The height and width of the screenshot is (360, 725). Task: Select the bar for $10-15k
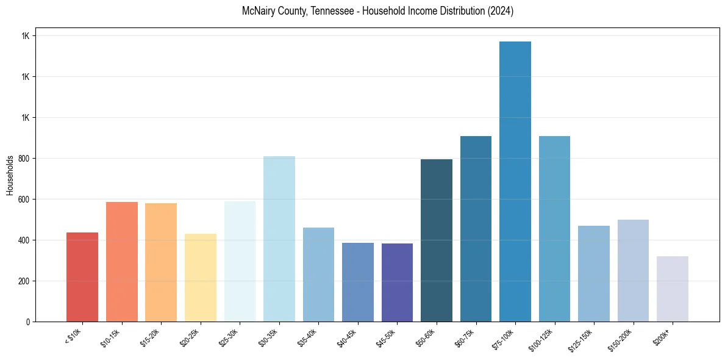(x=122, y=262)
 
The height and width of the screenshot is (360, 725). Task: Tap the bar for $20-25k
(x=201, y=278)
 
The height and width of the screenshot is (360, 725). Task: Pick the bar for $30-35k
(x=279, y=239)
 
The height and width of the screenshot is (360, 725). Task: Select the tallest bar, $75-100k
(x=515, y=182)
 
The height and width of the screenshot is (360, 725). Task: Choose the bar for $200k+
(x=673, y=289)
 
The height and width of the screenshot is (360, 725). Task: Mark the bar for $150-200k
(x=633, y=270)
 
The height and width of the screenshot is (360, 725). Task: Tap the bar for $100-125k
(x=554, y=229)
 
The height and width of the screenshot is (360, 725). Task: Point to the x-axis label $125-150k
(x=580, y=339)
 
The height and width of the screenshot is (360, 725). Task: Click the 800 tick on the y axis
(x=24, y=159)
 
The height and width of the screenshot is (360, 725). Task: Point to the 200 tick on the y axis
(x=24, y=281)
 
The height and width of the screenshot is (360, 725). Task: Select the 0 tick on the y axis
(x=29, y=322)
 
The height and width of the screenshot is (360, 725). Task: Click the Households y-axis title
(x=10, y=175)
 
